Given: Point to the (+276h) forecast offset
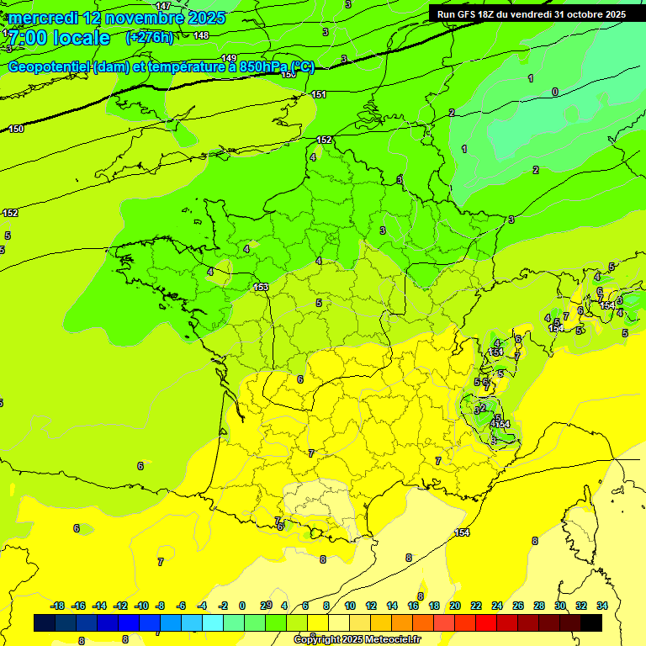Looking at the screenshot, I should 150,38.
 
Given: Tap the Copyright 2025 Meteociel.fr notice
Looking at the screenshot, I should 357,639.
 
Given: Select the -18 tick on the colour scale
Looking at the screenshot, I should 57,606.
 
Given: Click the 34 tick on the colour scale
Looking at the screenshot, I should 602,606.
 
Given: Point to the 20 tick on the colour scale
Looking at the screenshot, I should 455,606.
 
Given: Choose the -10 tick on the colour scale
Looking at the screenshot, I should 141,606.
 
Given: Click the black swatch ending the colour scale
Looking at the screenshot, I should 591,622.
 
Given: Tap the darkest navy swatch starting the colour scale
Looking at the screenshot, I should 45,622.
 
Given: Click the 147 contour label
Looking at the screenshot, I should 163,6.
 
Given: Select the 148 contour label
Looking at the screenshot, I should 201,35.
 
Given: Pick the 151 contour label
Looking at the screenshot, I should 319,94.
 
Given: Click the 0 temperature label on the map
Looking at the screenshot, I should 555,92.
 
